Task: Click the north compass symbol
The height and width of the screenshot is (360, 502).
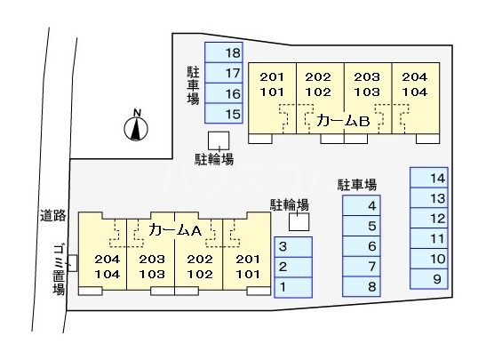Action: (135, 127)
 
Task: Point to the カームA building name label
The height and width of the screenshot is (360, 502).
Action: (178, 229)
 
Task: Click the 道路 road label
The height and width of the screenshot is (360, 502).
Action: (52, 215)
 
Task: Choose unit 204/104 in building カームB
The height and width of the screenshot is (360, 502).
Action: (415, 84)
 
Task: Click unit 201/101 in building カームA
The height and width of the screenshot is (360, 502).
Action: (246, 266)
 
